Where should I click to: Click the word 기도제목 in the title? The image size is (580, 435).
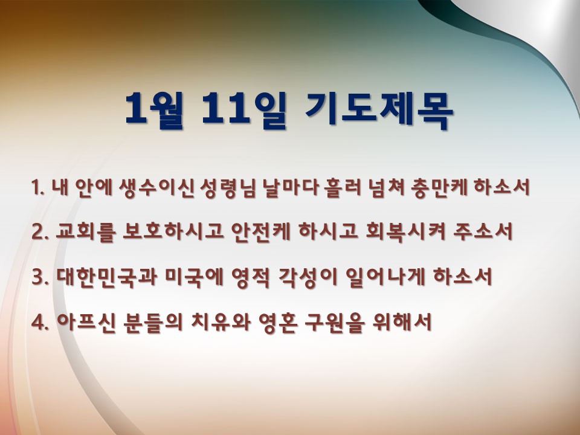[x=379, y=109]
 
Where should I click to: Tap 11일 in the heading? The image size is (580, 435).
[x=244, y=109]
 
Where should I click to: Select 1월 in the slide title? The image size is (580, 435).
[x=154, y=109]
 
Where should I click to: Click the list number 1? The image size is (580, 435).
[x=37, y=187]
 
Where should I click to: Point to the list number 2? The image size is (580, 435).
[x=40, y=233]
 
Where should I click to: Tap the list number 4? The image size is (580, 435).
[x=40, y=322]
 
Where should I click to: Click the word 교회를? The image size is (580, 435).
[x=86, y=233]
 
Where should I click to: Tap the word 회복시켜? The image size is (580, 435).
[x=405, y=233]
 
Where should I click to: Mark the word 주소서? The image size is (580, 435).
[x=483, y=233]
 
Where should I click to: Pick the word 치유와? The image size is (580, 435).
[x=221, y=322]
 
